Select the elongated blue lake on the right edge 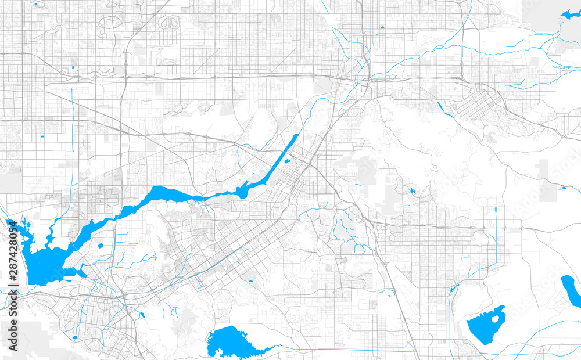pos(571,291)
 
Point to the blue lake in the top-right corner pos(569,15)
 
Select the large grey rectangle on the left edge pos(10,183)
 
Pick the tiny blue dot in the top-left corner pos(35,4)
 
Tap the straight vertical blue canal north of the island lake pos(496,232)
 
